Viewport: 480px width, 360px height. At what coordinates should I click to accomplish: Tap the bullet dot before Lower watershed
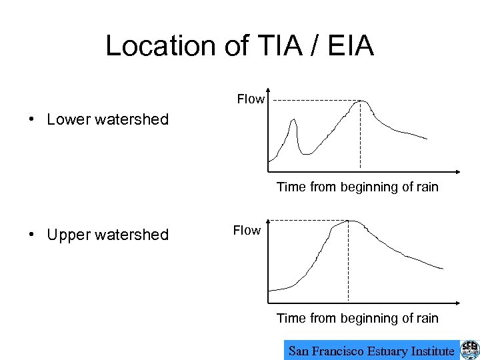click(31, 120)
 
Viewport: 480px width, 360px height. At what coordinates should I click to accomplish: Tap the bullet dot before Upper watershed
click(31, 235)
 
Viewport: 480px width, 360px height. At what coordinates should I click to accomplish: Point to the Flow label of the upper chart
click(251, 99)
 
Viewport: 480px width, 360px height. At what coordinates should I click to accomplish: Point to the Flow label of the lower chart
click(247, 231)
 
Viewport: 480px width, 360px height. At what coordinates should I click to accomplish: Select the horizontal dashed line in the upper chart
click(313, 100)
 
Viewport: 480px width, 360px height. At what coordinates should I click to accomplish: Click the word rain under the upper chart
click(426, 187)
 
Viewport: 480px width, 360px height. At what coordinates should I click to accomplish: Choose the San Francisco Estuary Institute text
click(371, 351)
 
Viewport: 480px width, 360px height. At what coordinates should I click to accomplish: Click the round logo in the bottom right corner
click(469, 350)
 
